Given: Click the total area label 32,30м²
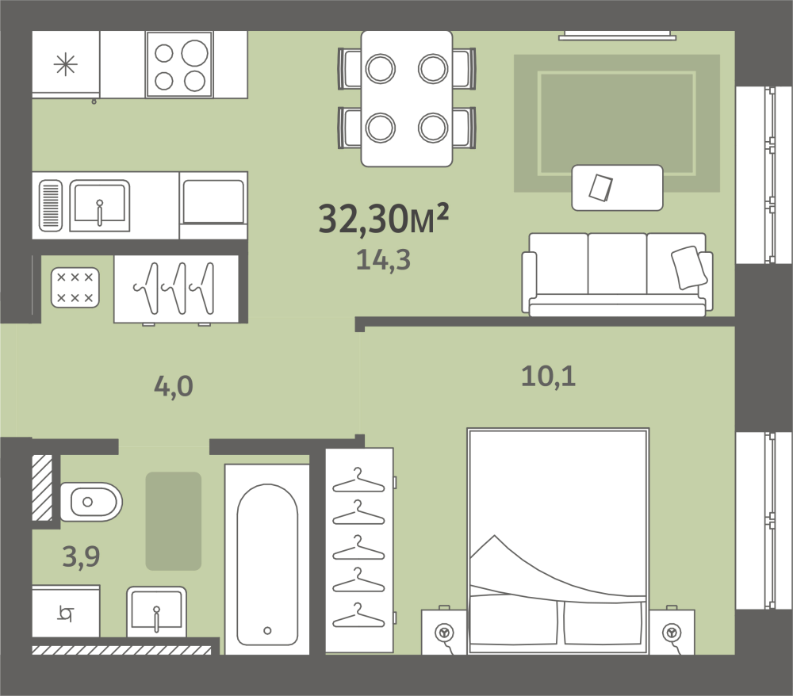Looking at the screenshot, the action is point(383,219).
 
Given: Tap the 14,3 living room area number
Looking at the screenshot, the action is point(383,260).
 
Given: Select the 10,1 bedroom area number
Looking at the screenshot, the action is point(548,377).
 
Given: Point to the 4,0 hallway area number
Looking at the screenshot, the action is point(174,387).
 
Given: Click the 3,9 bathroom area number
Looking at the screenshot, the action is point(81,556).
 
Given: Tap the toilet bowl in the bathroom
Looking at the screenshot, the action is point(91,502).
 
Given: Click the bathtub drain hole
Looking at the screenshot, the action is point(267,630).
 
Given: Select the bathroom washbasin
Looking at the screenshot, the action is point(156,612).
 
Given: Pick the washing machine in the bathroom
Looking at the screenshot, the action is point(66,611).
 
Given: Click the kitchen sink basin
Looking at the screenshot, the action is point(100,205).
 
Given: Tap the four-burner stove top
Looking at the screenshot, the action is point(179,64).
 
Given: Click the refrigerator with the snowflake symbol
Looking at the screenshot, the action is point(66,64).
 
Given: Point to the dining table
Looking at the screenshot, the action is point(407,98).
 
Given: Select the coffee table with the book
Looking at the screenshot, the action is point(617,188).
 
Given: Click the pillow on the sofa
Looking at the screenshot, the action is point(689,267).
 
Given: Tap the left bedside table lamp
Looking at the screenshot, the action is point(444,633).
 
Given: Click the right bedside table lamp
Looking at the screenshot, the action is point(672,633).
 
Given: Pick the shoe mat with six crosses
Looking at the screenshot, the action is point(75,288).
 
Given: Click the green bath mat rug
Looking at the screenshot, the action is point(174,521).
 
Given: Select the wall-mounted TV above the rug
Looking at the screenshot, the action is point(617,35).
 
